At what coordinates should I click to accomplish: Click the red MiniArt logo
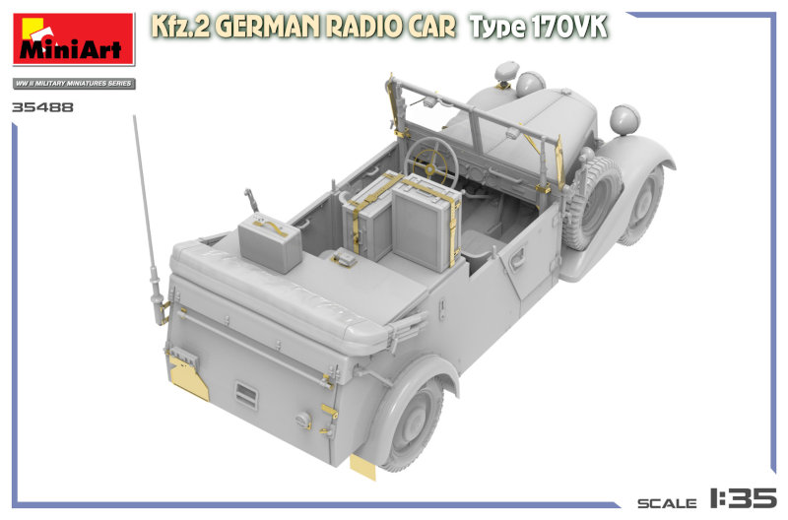[x=74, y=39]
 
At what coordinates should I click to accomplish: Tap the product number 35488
[x=42, y=107]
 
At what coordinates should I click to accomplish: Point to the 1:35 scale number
[x=743, y=498]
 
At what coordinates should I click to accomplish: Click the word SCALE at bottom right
[x=667, y=503]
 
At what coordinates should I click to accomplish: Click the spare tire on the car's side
[x=592, y=203]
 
